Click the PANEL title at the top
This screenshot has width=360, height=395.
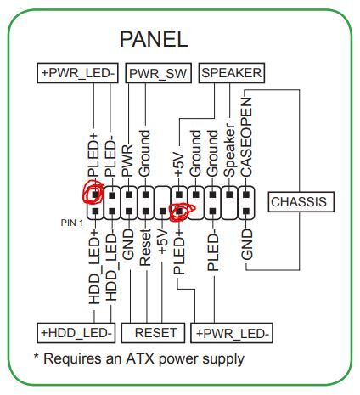[x=154, y=39]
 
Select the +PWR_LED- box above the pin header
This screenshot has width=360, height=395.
[x=77, y=73]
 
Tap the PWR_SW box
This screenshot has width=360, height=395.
[x=158, y=73]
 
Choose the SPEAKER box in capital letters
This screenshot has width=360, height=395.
[x=232, y=73]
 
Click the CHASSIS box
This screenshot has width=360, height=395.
[x=301, y=202]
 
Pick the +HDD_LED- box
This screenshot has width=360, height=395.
[x=76, y=333]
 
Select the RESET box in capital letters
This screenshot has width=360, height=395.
[x=153, y=333]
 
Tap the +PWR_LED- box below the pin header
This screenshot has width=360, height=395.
[x=232, y=333]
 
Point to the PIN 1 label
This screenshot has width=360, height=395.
[x=72, y=223]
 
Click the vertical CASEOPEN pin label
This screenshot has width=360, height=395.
[x=246, y=137]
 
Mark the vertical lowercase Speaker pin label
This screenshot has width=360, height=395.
[x=229, y=150]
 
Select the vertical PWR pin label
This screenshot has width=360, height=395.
[x=127, y=161]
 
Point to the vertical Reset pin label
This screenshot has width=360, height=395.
[x=145, y=247]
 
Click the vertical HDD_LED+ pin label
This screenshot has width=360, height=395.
[x=94, y=267]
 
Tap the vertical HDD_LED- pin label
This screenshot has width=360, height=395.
[x=112, y=267]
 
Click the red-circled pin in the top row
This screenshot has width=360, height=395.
[x=95, y=195]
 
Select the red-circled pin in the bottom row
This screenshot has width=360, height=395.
[x=179, y=211]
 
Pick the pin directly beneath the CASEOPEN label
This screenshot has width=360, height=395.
[x=246, y=195]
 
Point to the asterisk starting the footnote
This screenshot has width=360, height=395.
[x=37, y=356]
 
